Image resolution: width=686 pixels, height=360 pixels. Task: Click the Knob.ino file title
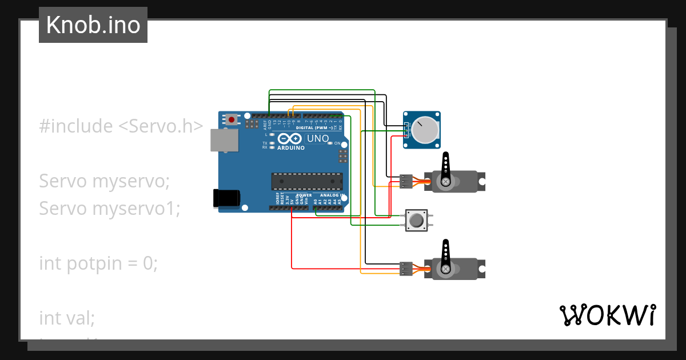pos(93,25)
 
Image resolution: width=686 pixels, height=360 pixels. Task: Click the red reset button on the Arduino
pos(232,119)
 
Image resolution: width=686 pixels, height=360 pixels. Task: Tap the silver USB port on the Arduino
pos(224,140)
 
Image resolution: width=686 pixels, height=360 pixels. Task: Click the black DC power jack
pos(227,198)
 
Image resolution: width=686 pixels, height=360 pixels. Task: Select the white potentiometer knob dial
pos(425,130)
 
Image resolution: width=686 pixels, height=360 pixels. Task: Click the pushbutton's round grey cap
pos(416,220)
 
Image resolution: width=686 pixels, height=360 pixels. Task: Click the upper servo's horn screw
pos(445,182)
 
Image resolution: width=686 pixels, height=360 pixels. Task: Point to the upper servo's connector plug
pos(406,181)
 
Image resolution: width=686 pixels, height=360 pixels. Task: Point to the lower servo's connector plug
pos(406,268)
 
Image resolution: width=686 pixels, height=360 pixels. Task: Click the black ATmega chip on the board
pos(307,181)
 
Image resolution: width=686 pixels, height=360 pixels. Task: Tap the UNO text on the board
pos(318,138)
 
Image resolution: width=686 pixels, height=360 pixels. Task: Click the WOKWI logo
pos(607,315)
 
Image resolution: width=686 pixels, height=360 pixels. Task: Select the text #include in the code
pos(76,126)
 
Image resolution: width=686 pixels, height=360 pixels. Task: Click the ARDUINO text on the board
pos(291,147)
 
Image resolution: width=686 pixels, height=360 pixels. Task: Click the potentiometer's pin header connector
pos(406,130)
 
